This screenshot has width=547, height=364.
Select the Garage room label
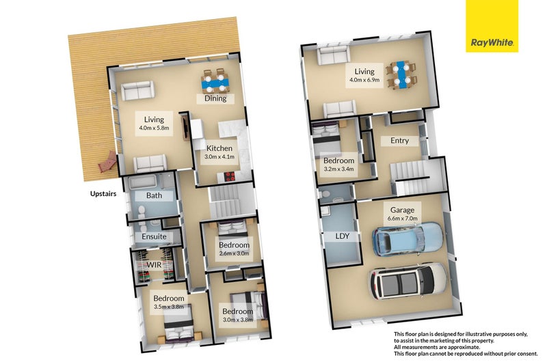(403, 210)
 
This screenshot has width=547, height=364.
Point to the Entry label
(399, 140)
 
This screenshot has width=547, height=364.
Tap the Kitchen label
(219, 148)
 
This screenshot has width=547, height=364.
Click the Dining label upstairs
(215, 98)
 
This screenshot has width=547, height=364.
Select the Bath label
(154, 196)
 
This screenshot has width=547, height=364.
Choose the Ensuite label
(155, 237)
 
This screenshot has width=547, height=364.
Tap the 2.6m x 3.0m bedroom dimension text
(234, 253)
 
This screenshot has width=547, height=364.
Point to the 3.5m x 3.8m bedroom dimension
(168, 307)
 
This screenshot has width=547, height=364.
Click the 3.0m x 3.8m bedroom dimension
(237, 321)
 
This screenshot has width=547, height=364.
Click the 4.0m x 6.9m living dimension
(364, 80)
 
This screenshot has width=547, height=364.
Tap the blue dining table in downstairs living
(399, 73)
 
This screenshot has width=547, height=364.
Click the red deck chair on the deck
(107, 164)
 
